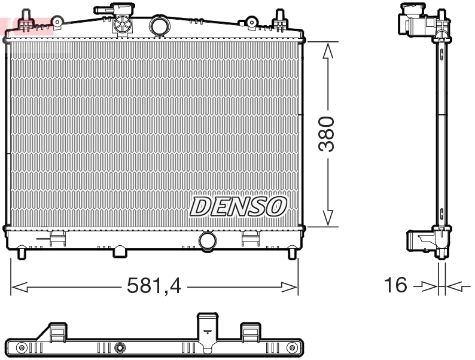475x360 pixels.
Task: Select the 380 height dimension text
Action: click(x=327, y=135)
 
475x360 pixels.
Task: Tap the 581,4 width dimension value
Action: click(x=154, y=286)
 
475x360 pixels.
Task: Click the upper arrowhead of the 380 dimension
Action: click(x=327, y=53)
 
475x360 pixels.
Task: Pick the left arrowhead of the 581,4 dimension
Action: click(x=18, y=287)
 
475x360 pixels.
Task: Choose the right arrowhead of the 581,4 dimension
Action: click(x=291, y=287)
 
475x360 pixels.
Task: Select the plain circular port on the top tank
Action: click(x=160, y=26)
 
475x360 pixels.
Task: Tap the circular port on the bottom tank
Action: click(x=208, y=241)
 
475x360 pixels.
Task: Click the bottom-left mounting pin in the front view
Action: click(x=23, y=253)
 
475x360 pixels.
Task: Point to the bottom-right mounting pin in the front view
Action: click(x=292, y=253)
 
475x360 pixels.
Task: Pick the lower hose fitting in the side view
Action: click(x=419, y=241)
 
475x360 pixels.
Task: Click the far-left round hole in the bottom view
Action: click(x=22, y=348)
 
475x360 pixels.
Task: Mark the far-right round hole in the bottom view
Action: click(x=292, y=348)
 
